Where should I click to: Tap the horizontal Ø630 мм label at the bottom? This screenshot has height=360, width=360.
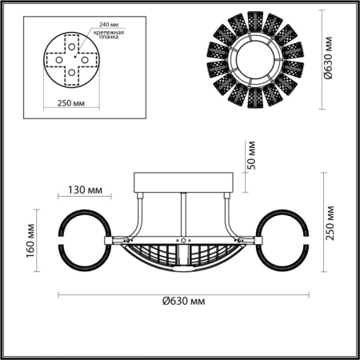pyautogui.click(x=180, y=301)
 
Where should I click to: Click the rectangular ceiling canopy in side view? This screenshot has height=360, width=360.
pyautogui.click(x=183, y=182)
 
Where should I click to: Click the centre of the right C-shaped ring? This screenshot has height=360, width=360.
pyautogui.click(x=284, y=240)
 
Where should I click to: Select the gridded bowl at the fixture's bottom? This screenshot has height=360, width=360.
pyautogui.click(x=183, y=258)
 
